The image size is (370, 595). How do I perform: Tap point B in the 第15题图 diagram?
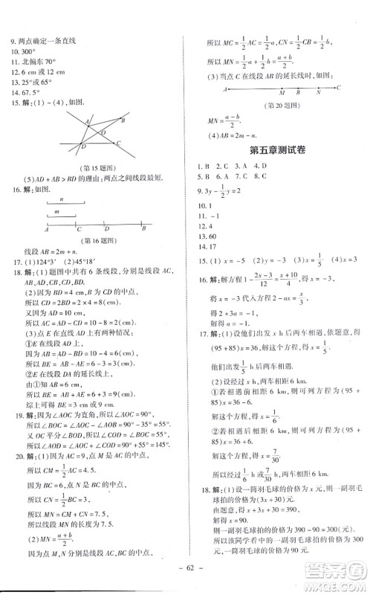click(124, 120)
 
